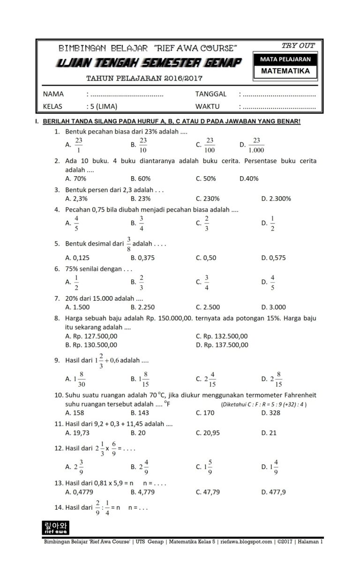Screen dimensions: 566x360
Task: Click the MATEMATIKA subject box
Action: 285,71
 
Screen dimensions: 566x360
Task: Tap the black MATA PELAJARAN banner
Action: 285,60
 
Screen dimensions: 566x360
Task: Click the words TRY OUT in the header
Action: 298,45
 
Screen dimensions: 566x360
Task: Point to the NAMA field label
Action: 53,94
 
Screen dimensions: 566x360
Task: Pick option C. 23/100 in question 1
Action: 206,145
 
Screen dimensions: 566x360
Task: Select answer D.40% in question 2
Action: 249,179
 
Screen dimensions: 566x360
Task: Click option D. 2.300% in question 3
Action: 276,198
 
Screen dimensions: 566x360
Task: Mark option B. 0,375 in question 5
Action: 142,258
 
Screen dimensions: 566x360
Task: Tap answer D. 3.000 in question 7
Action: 273,307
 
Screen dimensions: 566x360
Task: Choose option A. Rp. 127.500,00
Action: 91,336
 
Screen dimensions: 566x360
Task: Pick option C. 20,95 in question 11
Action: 208,433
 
